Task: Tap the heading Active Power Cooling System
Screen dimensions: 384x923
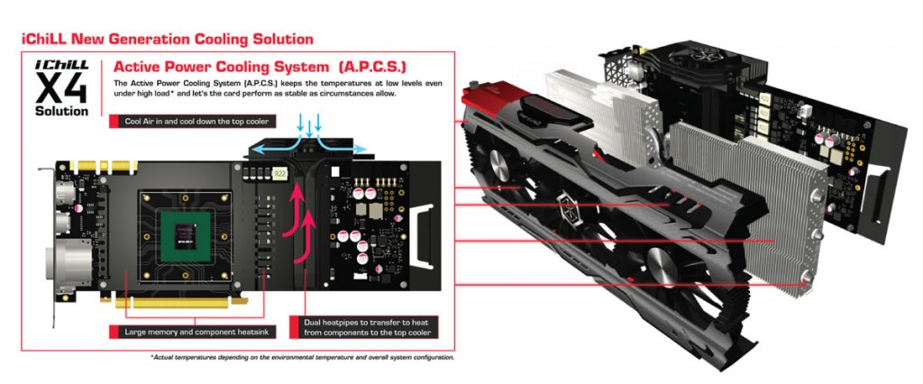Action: pyautogui.click(x=208, y=66)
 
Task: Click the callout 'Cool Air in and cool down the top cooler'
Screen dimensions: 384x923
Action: pyautogui.click(x=197, y=120)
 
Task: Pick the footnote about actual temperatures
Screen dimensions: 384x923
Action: pyautogui.click(x=302, y=357)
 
